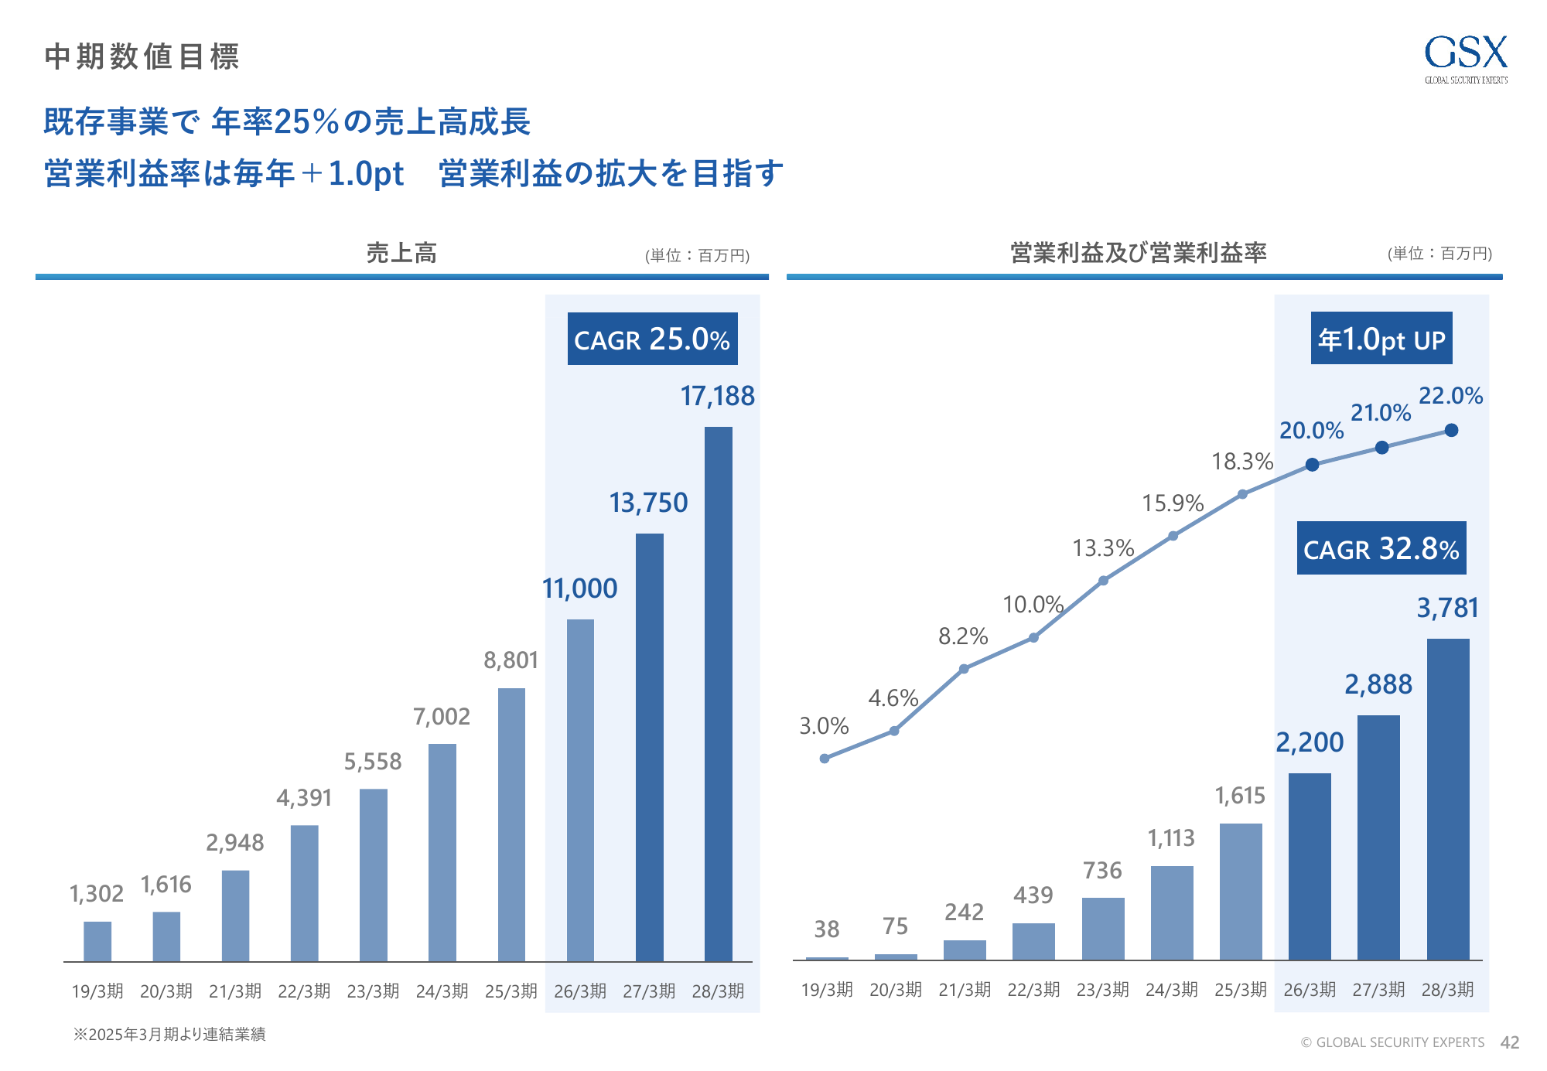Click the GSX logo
1466,58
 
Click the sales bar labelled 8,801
511,824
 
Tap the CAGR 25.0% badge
652,339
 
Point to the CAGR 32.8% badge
1381,548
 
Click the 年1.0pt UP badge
1381,339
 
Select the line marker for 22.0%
1451,430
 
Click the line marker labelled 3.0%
825,759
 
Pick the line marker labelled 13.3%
1103,580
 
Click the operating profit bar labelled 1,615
1241,892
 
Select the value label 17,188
717,396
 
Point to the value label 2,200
1310,742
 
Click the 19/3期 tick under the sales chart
97,991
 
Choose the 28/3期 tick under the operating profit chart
1447,990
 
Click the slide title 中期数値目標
142,56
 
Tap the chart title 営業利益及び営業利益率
1138,253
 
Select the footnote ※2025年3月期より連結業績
169,1035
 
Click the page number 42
1510,1042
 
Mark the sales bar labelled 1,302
97,941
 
